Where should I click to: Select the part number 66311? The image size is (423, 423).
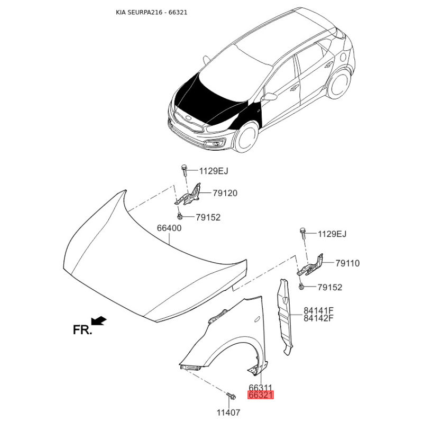tap(260, 388)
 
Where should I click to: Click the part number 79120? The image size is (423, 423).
tap(225, 194)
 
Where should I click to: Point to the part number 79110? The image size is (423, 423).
tap(347, 263)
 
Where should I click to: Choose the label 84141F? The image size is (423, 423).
tap(319, 310)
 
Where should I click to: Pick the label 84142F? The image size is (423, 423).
tap(319, 318)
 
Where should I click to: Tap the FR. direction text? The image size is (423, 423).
tap(82, 330)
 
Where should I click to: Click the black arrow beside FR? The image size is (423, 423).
tap(99, 320)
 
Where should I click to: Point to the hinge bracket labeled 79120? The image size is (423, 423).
tap(190, 194)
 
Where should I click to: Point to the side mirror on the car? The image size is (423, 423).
tap(270, 97)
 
